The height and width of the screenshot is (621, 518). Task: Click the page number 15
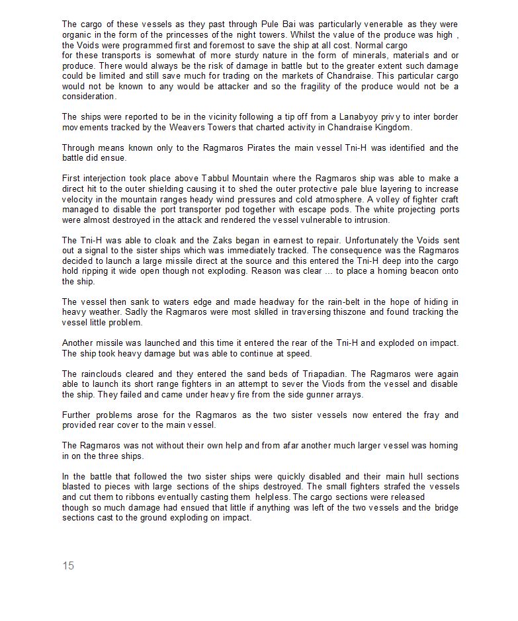68,565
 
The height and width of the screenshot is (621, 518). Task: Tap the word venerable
383,24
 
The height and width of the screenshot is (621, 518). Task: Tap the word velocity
78,199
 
